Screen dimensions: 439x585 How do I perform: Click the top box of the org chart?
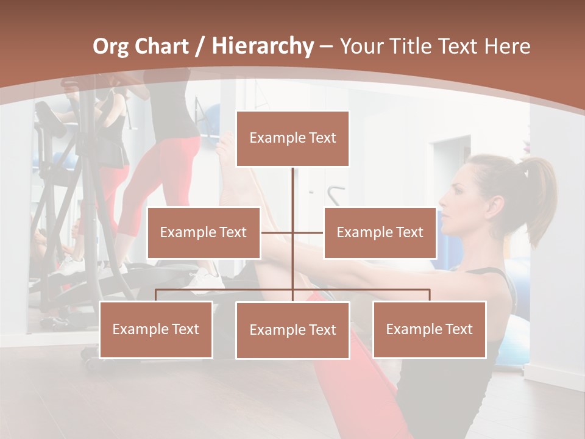(292, 138)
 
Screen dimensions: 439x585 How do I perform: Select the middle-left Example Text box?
(204, 232)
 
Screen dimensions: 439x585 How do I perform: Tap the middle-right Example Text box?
(380, 232)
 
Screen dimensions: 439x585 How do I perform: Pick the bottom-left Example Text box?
(156, 329)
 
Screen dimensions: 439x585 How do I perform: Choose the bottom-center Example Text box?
(292, 330)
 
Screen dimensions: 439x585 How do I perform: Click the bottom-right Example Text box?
(429, 329)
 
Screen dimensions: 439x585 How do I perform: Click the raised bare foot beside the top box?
(226, 152)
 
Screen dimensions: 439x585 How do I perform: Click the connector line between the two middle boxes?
(292, 232)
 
